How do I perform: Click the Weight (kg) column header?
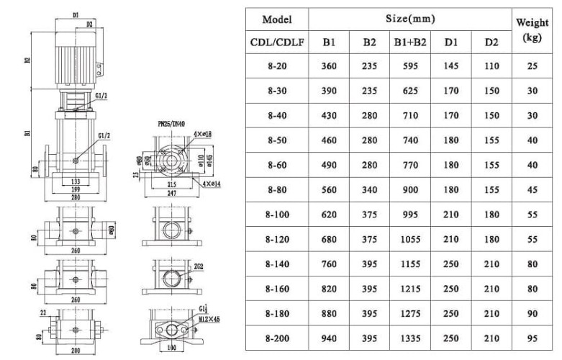[x=532, y=30]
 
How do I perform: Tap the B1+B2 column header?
[x=410, y=42]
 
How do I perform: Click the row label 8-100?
[x=277, y=215]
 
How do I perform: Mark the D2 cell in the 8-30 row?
[x=491, y=92]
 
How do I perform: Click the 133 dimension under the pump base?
[x=76, y=181]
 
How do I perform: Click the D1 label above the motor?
[x=76, y=13]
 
